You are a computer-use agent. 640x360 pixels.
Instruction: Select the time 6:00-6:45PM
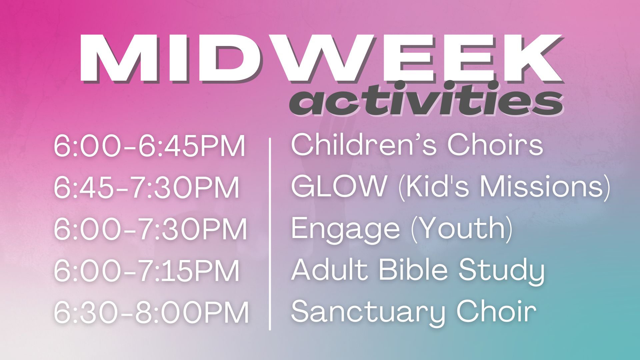(x=150, y=146)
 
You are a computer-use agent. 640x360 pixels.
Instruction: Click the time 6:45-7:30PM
(x=147, y=188)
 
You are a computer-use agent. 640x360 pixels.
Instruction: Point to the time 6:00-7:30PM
(x=150, y=229)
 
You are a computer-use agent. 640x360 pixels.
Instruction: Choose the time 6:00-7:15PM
(x=147, y=271)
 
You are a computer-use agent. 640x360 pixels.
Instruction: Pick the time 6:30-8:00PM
(x=151, y=312)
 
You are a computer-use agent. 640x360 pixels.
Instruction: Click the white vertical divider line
(x=270, y=234)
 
